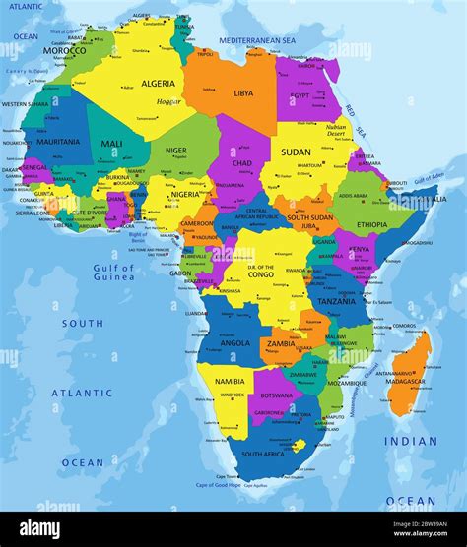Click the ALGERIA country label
(158, 84)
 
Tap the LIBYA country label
(242, 93)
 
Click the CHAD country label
(241, 162)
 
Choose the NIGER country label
(175, 151)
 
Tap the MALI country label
(112, 144)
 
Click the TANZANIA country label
(336, 301)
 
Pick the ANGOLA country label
(233, 343)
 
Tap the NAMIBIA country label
(230, 381)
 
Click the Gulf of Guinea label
(113, 273)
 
